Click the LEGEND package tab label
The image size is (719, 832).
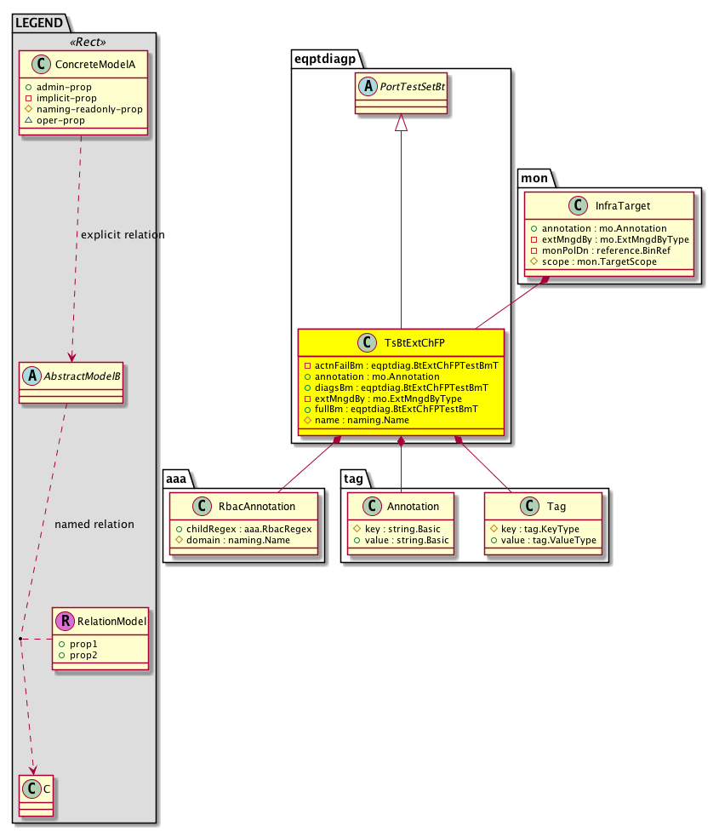tap(39, 23)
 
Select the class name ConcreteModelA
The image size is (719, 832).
tap(95, 65)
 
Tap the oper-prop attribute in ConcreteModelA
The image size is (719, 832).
tap(60, 120)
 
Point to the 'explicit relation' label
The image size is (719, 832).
tap(123, 234)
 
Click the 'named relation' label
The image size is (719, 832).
tap(94, 525)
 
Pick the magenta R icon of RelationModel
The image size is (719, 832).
tap(66, 621)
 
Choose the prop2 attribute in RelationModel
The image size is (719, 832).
tap(83, 656)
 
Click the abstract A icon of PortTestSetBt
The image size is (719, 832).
tap(367, 87)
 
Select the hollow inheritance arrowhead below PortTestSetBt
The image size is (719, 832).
tap(402, 122)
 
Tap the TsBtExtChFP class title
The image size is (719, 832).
tap(414, 343)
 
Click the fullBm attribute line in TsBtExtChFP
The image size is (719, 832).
tap(396, 409)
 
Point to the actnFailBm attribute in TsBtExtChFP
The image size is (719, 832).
tap(406, 365)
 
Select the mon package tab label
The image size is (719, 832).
tap(534, 178)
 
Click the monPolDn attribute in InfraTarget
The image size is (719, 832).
tap(606, 250)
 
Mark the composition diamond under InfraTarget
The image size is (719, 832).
tap(544, 280)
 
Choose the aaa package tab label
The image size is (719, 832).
tap(176, 479)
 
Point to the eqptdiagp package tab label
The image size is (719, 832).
tap(325, 59)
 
